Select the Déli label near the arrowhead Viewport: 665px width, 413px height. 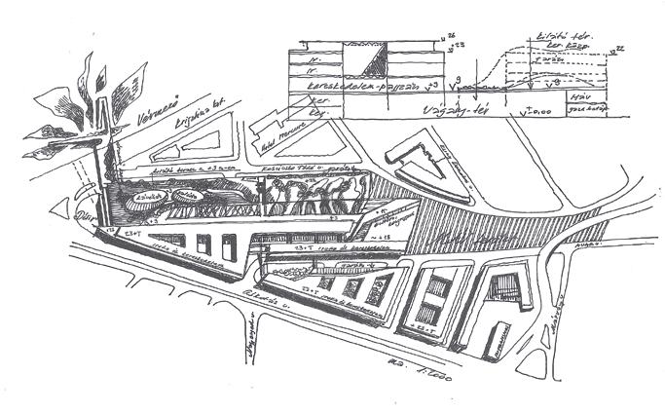(x=81, y=218)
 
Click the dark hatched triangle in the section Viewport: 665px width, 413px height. (x=372, y=63)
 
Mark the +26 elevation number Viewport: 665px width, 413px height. (x=450, y=37)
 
